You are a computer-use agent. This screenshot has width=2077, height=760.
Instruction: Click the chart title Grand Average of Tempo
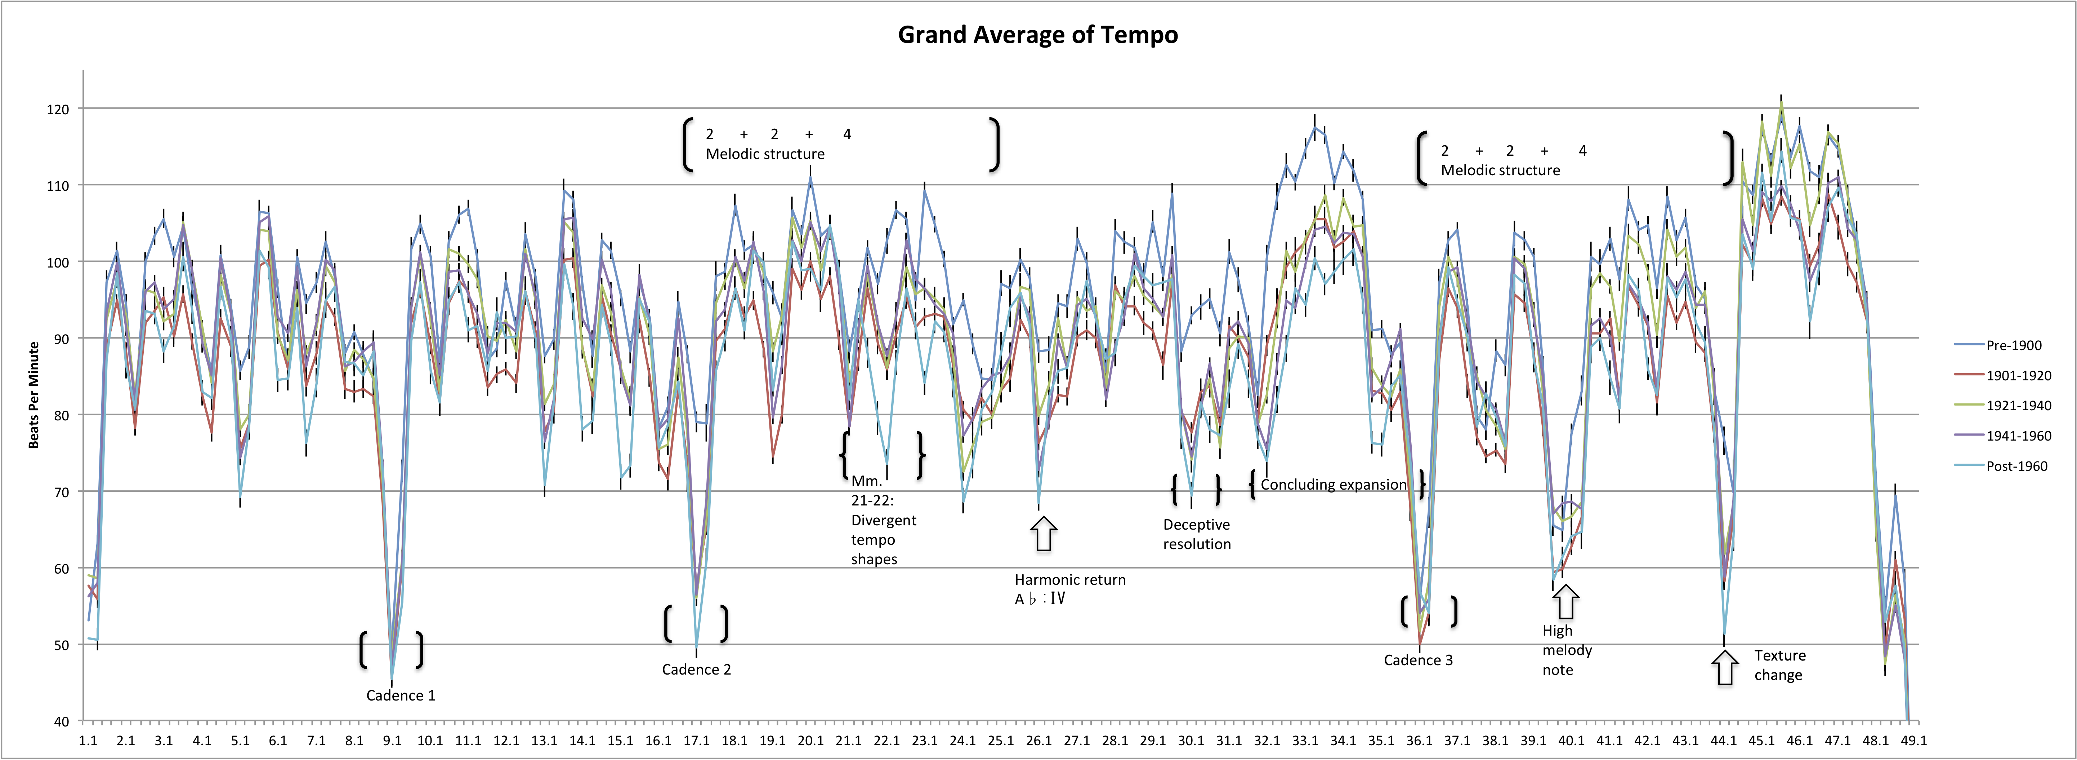pyautogui.click(x=1038, y=35)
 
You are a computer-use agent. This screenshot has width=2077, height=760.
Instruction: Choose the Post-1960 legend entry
pyautogui.click(x=2016, y=466)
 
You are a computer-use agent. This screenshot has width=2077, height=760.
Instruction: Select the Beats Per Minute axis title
pyautogui.click(x=34, y=396)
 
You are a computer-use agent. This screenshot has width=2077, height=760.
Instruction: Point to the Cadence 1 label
pyautogui.click(x=401, y=695)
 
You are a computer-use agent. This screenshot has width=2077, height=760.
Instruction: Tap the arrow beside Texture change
pyautogui.click(x=1725, y=668)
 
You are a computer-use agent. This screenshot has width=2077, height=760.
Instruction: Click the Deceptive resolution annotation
pyautogui.click(x=1197, y=534)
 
